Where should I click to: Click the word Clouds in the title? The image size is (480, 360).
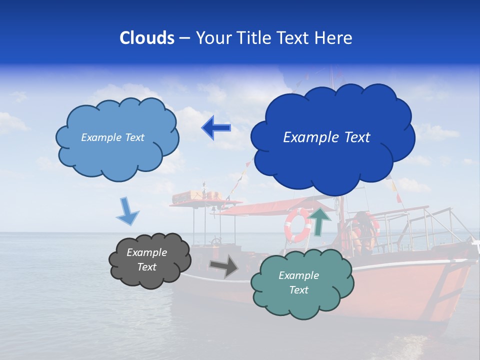click(147, 38)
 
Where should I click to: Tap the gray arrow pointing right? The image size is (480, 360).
click(223, 266)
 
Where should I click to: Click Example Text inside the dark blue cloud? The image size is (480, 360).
click(326, 137)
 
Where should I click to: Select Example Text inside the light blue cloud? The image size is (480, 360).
click(112, 137)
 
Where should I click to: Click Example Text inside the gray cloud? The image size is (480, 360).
click(146, 260)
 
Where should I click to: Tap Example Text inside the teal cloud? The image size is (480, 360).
click(298, 282)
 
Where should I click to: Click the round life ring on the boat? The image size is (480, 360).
click(298, 225)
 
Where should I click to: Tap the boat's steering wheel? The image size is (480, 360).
click(216, 242)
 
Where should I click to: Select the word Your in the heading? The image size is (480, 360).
click(212, 38)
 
